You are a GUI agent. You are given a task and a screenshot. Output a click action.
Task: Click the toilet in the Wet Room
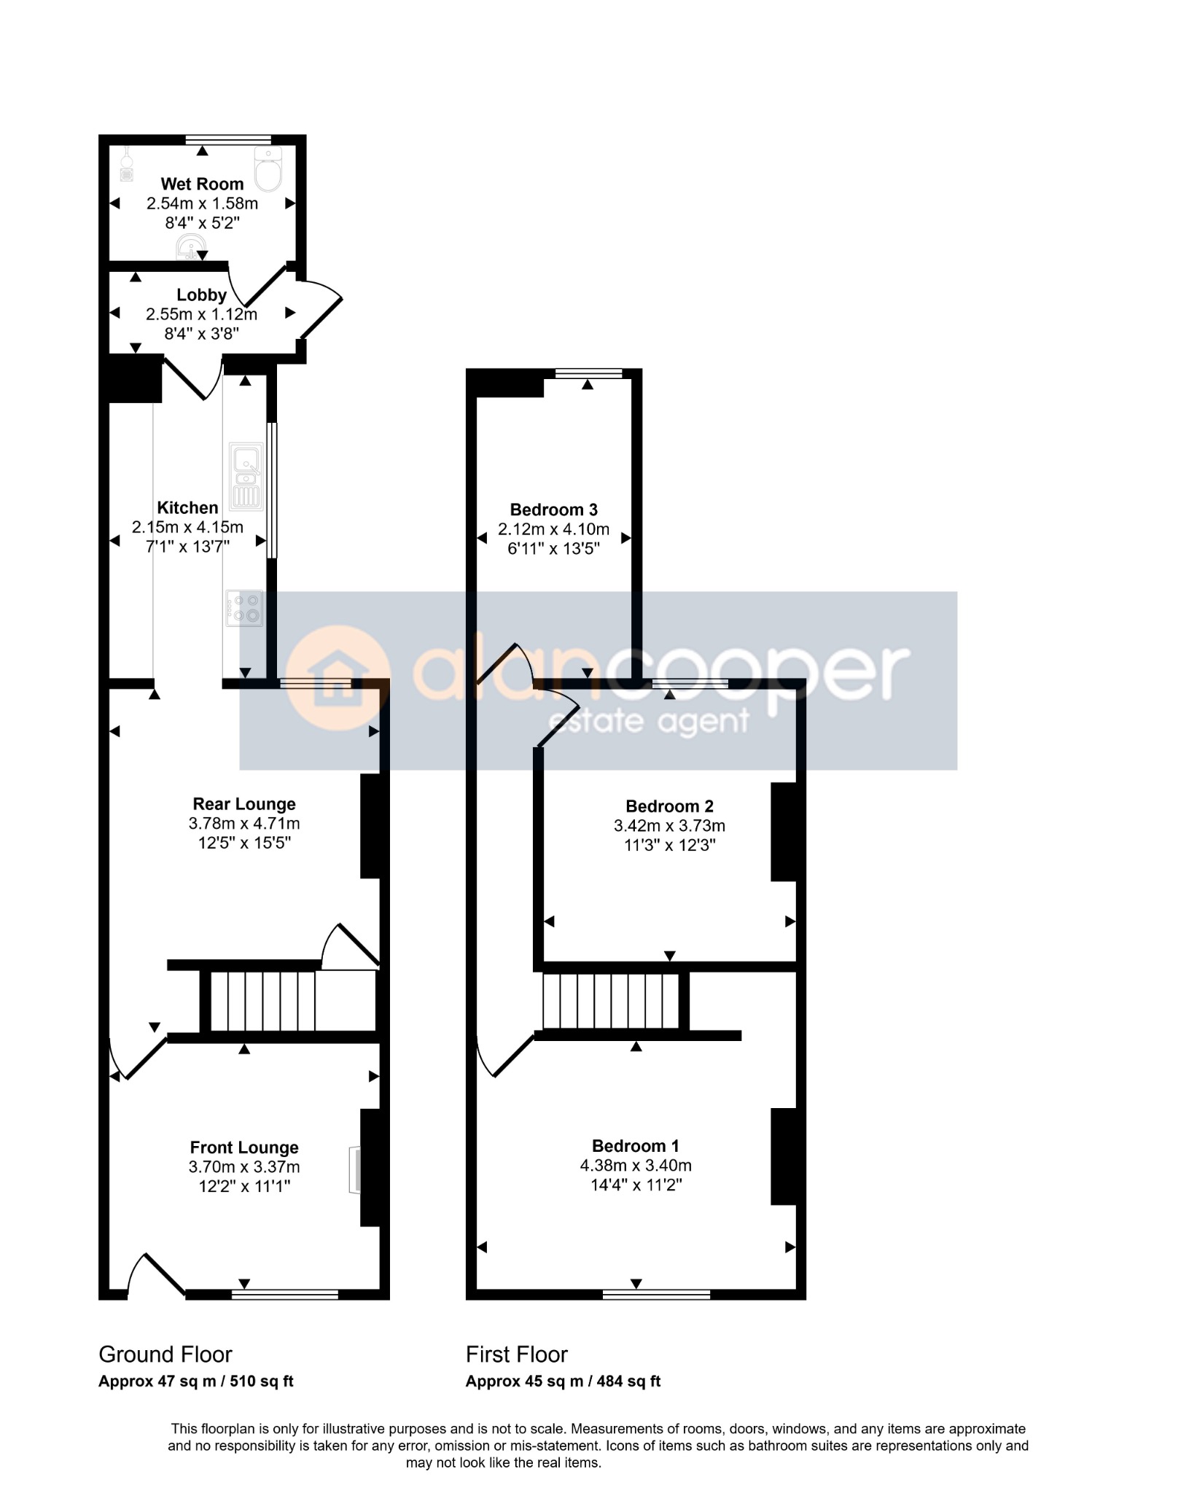(x=268, y=168)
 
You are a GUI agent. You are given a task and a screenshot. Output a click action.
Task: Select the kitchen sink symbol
(x=246, y=476)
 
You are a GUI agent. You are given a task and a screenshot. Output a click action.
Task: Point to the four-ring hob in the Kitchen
(x=244, y=608)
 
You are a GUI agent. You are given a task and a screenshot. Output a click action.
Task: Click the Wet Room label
(x=202, y=184)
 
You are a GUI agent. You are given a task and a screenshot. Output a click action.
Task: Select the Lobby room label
(x=202, y=295)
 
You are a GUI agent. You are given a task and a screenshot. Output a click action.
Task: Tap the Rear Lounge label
(x=244, y=804)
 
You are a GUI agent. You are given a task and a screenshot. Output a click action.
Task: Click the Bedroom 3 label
(x=554, y=510)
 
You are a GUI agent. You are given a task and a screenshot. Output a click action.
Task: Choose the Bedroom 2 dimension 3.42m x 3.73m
(x=669, y=826)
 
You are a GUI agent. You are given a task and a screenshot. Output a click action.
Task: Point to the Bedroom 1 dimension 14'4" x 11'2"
(x=636, y=1185)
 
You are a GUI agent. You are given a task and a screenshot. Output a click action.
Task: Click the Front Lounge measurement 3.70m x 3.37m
(x=244, y=1166)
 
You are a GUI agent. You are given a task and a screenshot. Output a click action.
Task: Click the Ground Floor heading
(x=165, y=1354)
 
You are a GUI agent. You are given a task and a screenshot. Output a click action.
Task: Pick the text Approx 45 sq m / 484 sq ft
(x=564, y=1381)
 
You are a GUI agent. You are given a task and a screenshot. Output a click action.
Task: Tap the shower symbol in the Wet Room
(x=127, y=165)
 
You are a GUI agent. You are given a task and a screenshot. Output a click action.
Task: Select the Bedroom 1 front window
(x=656, y=1294)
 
